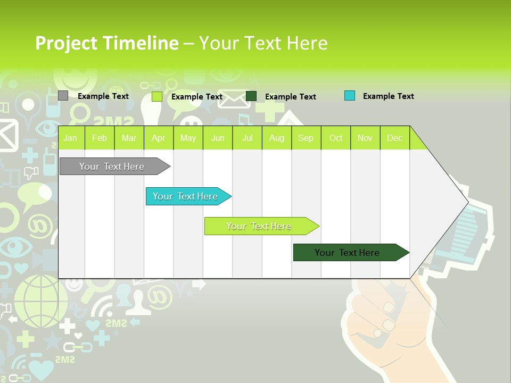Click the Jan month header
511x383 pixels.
pyautogui.click(x=70, y=138)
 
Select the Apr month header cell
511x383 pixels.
pyautogui.click(x=159, y=138)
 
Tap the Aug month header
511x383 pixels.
pyautogui.click(x=276, y=138)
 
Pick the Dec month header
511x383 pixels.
pyautogui.click(x=394, y=138)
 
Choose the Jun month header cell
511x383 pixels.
pyautogui.click(x=218, y=138)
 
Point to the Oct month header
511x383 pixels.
pyautogui.click(x=336, y=138)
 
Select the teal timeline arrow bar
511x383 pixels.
pyautogui.click(x=186, y=196)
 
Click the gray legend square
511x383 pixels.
pyautogui.click(x=63, y=96)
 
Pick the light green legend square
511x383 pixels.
pyautogui.click(x=157, y=96)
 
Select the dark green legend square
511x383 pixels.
pyautogui.click(x=251, y=96)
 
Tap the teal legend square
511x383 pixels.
pyautogui.click(x=350, y=96)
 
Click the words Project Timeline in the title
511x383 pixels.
pyautogui.click(x=106, y=43)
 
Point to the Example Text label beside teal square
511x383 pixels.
pyautogui.click(x=388, y=96)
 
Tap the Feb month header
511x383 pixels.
pyautogui.click(x=100, y=138)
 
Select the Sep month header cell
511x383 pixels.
pyautogui.click(x=306, y=138)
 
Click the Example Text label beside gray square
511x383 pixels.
pyautogui.click(x=103, y=96)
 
